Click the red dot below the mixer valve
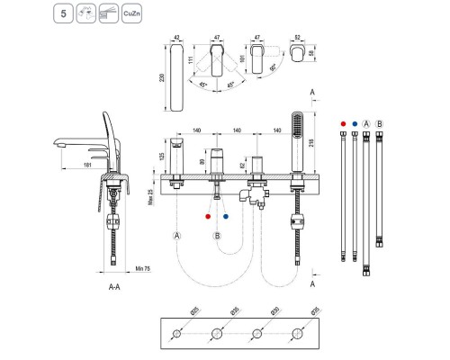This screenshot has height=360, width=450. click(209, 216)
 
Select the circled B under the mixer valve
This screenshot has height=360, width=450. click(216, 235)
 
